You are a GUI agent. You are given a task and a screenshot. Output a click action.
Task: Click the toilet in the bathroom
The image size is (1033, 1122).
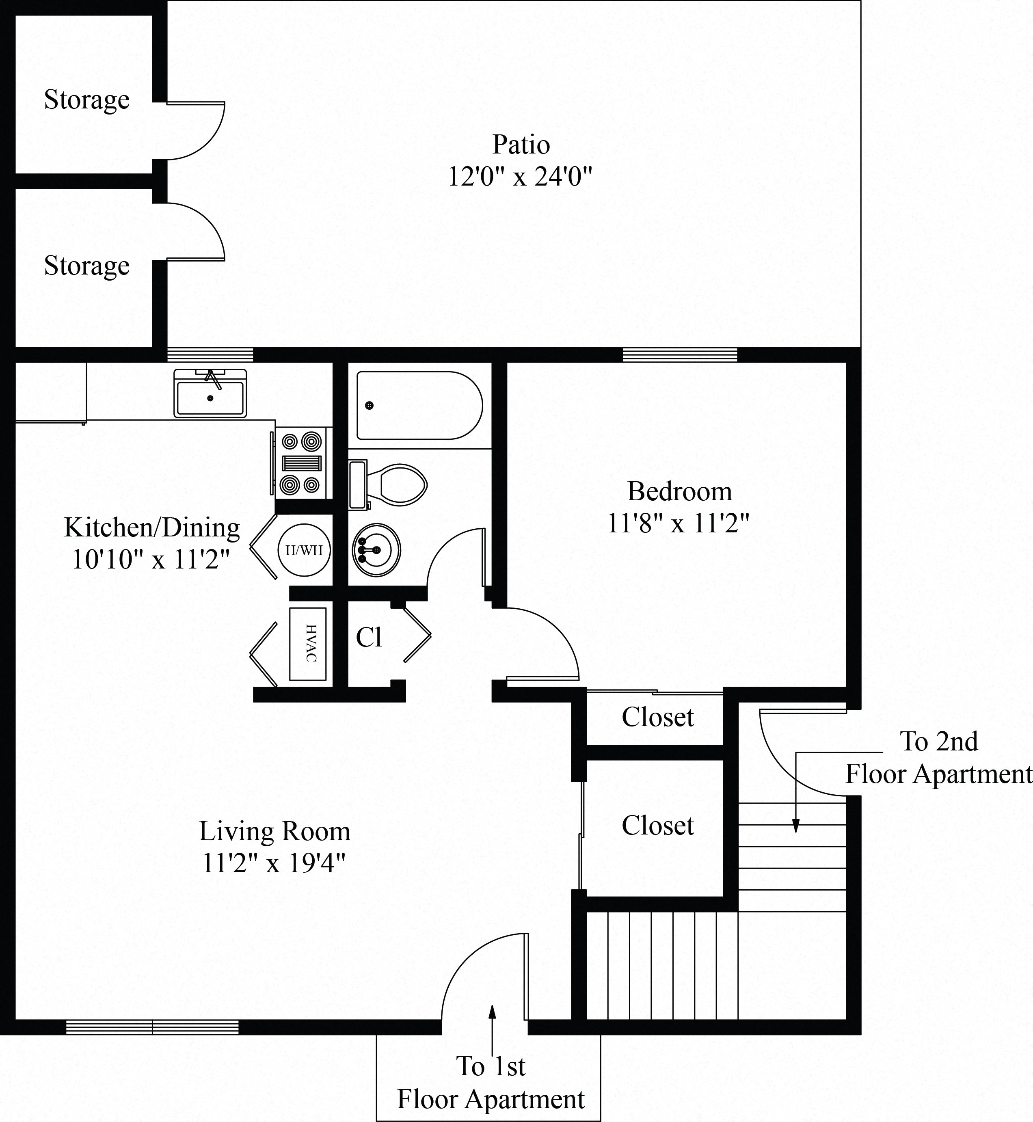[x=394, y=484]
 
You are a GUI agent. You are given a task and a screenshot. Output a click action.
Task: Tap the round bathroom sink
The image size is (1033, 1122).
[x=376, y=550]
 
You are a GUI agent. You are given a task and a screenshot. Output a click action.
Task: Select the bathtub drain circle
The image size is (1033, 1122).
[x=369, y=405]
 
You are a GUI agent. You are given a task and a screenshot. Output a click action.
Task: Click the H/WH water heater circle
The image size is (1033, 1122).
[x=304, y=550]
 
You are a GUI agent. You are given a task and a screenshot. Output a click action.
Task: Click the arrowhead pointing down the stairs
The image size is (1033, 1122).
[x=796, y=827]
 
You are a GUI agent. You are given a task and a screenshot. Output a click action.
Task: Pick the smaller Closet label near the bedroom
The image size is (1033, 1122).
[x=657, y=717]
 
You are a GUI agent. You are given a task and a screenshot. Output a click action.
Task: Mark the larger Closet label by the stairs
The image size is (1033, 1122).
[x=657, y=826]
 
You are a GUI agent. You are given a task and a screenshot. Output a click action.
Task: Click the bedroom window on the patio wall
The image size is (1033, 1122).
[x=680, y=355]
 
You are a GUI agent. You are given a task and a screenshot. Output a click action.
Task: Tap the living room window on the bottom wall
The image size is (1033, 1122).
[x=152, y=1027]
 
